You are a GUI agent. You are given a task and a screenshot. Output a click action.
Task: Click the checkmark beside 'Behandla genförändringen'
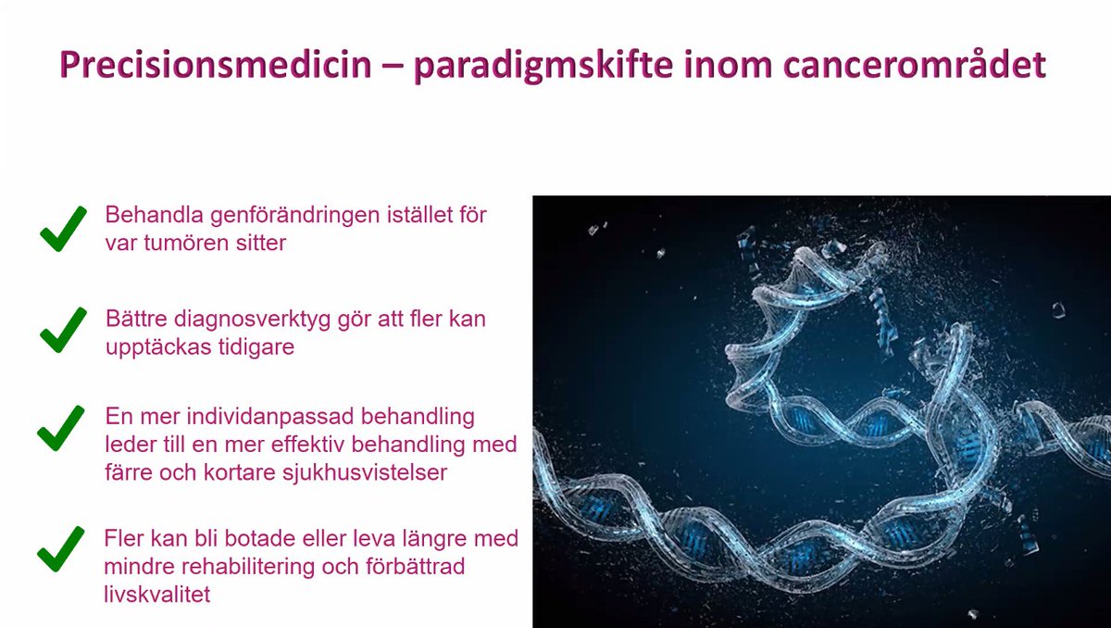pyautogui.click(x=63, y=230)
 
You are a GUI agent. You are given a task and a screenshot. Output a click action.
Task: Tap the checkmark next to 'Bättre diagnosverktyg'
pyautogui.click(x=63, y=331)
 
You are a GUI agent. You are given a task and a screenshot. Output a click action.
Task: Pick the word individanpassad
pyautogui.click(x=278, y=415)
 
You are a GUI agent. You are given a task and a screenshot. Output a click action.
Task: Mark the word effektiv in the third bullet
pyautogui.click(x=323, y=444)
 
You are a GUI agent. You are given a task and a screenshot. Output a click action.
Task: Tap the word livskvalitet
pyautogui.click(x=156, y=594)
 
